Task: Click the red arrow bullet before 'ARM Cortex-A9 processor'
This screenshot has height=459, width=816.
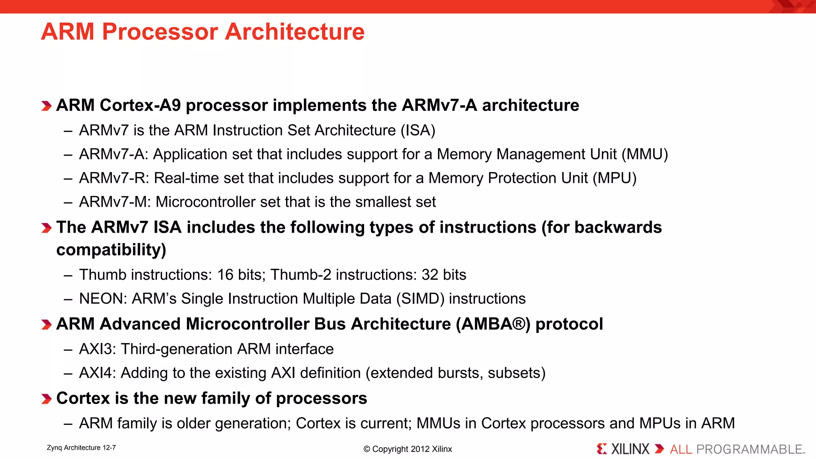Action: (x=46, y=106)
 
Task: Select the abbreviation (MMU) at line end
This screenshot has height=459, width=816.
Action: (x=644, y=155)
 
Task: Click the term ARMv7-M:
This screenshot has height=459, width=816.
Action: (x=115, y=202)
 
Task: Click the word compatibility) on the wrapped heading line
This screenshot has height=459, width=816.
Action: (x=111, y=250)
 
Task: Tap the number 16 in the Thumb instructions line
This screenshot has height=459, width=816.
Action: (x=225, y=275)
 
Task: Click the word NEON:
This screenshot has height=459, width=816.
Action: (x=103, y=299)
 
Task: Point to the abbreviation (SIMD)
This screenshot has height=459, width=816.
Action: (x=420, y=299)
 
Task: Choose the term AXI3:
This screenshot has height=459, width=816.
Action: (x=97, y=349)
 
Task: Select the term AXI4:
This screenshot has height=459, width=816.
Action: (x=97, y=373)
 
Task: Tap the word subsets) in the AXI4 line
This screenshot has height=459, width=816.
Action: (x=516, y=373)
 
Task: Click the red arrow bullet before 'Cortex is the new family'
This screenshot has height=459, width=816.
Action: (x=46, y=399)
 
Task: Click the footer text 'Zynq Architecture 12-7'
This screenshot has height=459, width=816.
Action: (x=81, y=448)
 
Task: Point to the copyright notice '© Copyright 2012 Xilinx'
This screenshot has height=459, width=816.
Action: (x=408, y=449)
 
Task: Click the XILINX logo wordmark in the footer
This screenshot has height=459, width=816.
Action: (x=630, y=449)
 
